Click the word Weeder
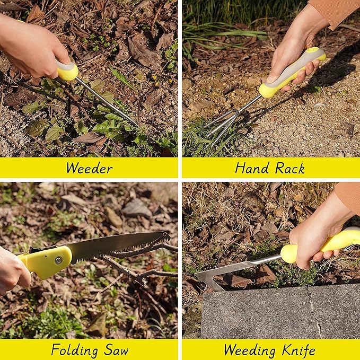pyautogui.click(x=89, y=169)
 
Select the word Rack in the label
pyautogui.click(x=289, y=169)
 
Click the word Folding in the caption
pyautogui.click(x=75, y=350)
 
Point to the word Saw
pyautogui.click(x=116, y=350)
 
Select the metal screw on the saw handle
pyautogui.click(x=57, y=260)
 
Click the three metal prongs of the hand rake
pyautogui.click(x=220, y=126)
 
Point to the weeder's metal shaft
pyautogui.click(x=106, y=101)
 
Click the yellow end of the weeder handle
pyautogui.click(x=68, y=71)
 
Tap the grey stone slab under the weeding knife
pyautogui.click(x=276, y=313)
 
